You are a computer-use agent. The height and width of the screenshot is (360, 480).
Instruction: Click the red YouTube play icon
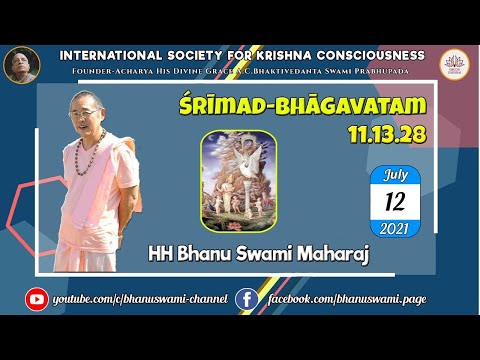(x=37, y=297)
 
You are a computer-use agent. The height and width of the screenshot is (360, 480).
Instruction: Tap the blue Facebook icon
(x=245, y=297)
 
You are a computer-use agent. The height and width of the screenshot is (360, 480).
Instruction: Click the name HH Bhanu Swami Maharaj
(x=259, y=260)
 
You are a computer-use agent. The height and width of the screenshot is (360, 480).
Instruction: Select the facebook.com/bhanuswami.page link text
(x=338, y=298)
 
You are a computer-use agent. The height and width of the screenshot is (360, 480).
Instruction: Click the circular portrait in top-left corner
(x=21, y=64)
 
